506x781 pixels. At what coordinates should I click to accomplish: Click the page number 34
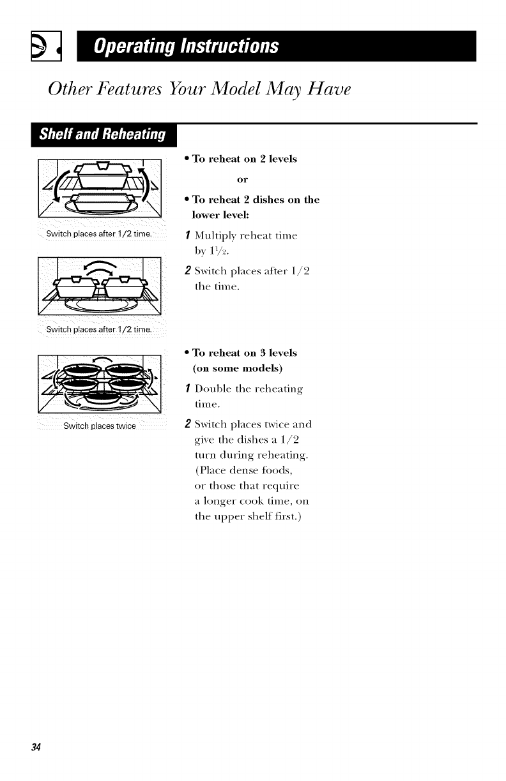36,747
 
